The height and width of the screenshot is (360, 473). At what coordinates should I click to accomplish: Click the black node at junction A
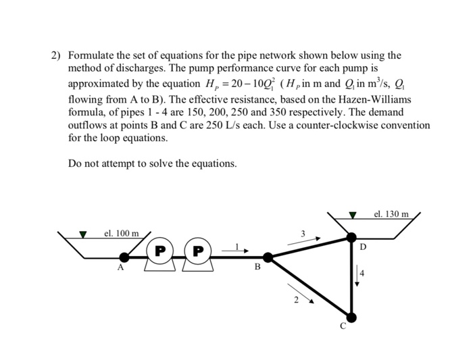[x=124, y=257]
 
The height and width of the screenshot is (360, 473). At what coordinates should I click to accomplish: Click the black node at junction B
[x=268, y=257]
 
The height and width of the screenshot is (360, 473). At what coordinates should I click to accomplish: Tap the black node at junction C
[x=351, y=316]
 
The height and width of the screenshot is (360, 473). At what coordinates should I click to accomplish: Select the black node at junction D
[x=351, y=236]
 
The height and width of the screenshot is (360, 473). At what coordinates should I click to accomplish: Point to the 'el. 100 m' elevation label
[x=122, y=234]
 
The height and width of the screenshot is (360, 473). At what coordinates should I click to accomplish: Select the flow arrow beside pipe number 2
[x=303, y=292]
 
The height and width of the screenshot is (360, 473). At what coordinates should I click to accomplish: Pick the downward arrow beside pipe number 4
[x=358, y=277]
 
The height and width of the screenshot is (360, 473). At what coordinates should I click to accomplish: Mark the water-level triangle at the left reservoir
[x=83, y=235]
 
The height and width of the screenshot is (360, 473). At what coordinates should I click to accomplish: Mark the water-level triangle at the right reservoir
[x=351, y=215]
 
